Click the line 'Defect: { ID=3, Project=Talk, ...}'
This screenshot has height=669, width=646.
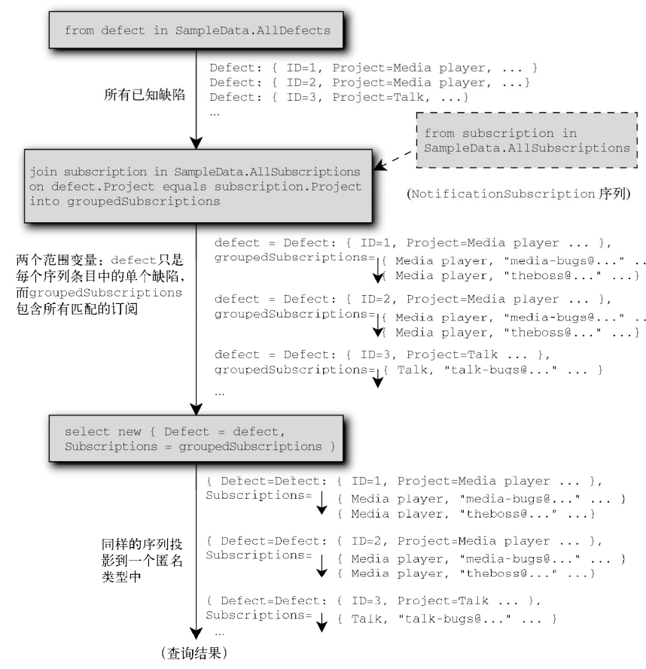coord(339,98)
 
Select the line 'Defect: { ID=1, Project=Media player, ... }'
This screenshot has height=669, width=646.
coord(373,66)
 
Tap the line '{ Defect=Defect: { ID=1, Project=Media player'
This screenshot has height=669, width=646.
coord(403,480)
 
